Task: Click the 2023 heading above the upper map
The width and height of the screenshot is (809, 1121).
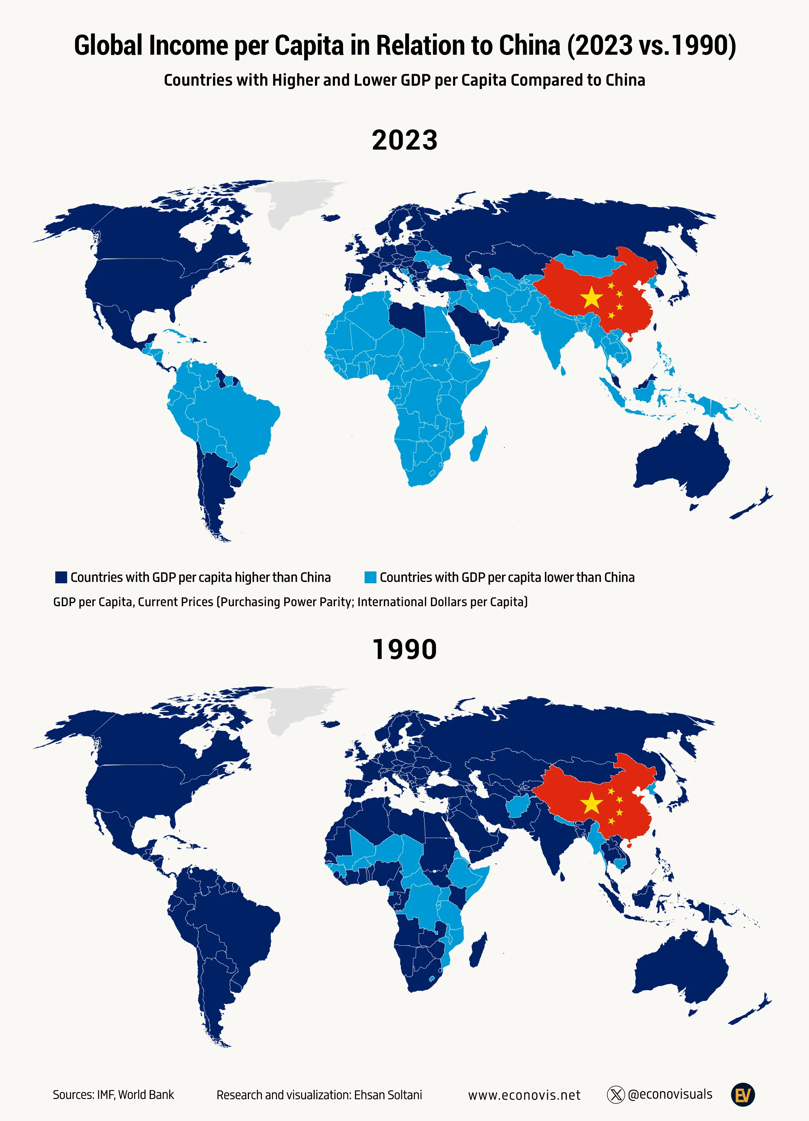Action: click(404, 140)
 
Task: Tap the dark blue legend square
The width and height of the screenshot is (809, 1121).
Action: click(61, 577)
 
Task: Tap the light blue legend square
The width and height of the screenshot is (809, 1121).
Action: click(370, 577)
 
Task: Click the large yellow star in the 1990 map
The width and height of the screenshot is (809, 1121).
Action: click(591, 804)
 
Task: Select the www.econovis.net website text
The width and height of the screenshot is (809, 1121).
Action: click(524, 1095)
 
